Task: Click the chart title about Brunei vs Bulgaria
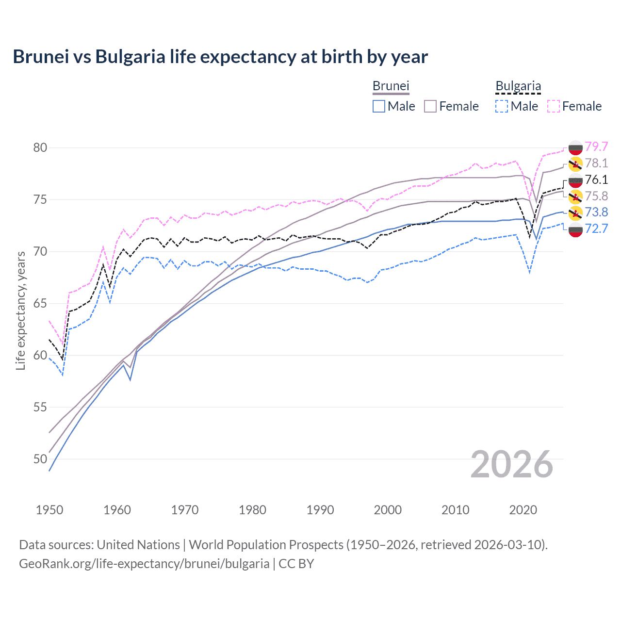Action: (x=220, y=57)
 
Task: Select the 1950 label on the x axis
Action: (x=49, y=510)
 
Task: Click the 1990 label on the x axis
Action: (x=320, y=510)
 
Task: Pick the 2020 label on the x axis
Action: (x=523, y=510)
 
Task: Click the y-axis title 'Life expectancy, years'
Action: (x=21, y=310)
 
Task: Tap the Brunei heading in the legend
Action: (x=391, y=86)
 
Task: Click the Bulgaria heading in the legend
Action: (x=518, y=86)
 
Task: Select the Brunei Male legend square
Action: (x=379, y=106)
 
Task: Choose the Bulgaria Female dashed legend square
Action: (x=554, y=106)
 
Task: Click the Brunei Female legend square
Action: (x=430, y=106)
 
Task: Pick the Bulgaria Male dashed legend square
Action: (x=502, y=106)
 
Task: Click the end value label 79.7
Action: (x=596, y=147)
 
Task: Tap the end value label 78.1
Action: (x=596, y=163)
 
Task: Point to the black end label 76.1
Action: (x=596, y=180)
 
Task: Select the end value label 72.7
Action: (x=596, y=229)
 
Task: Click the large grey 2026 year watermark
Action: (x=512, y=464)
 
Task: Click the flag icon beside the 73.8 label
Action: (x=575, y=212)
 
